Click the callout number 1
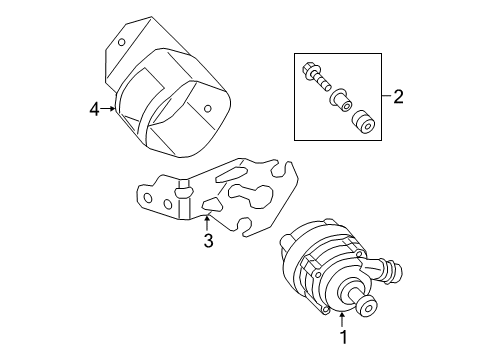click(x=343, y=337)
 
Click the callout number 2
click(x=398, y=96)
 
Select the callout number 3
click(x=208, y=240)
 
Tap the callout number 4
click(x=95, y=109)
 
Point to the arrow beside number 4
click(x=108, y=109)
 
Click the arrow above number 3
click(x=207, y=223)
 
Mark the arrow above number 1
click(x=342, y=319)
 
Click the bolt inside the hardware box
click(x=315, y=77)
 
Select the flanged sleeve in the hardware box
click(x=341, y=100)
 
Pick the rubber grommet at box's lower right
click(x=364, y=121)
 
